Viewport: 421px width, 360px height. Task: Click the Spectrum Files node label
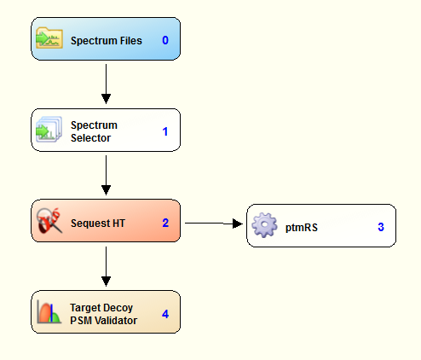pyautogui.click(x=107, y=41)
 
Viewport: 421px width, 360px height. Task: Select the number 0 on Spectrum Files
pyautogui.click(x=165, y=40)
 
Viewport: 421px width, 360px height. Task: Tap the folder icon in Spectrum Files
pyautogui.click(x=49, y=38)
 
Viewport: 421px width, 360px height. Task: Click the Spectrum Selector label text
pyautogui.click(x=94, y=131)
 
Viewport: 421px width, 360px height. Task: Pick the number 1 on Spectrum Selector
pyautogui.click(x=165, y=131)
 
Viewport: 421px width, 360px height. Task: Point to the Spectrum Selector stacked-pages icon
pyautogui.click(x=49, y=129)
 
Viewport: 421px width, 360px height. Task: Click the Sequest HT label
pyautogui.click(x=98, y=224)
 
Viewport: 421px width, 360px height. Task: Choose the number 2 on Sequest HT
pyautogui.click(x=165, y=223)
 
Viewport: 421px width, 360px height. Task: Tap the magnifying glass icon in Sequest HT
pyautogui.click(x=49, y=220)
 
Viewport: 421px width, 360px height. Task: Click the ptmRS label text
pyautogui.click(x=302, y=228)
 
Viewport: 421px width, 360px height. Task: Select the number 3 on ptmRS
pyautogui.click(x=381, y=227)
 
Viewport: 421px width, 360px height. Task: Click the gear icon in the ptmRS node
pyautogui.click(x=264, y=225)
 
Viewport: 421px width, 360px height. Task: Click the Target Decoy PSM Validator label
pyautogui.click(x=103, y=314)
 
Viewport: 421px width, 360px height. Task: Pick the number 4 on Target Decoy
pyautogui.click(x=165, y=314)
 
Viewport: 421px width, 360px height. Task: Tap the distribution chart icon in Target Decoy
pyautogui.click(x=49, y=312)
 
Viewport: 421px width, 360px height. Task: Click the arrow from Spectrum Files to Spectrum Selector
pyautogui.click(x=106, y=84)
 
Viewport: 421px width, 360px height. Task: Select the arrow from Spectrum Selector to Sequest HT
pyautogui.click(x=106, y=175)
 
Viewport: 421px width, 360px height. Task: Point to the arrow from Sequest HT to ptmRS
pyautogui.click(x=214, y=224)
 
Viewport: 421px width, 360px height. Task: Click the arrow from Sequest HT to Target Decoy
pyautogui.click(x=106, y=266)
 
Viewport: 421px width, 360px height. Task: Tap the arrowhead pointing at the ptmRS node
pyautogui.click(x=238, y=224)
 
